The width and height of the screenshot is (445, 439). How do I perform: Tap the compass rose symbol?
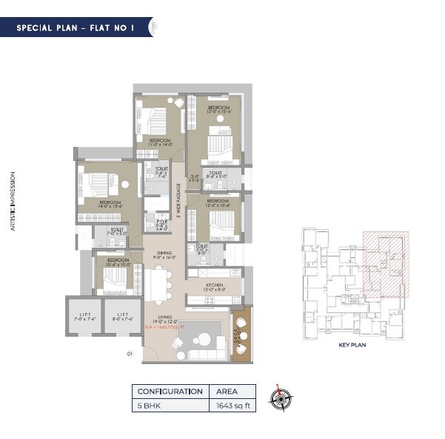point(279,398)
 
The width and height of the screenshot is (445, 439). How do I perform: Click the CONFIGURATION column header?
point(170,391)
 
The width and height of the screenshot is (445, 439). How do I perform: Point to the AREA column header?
point(227,391)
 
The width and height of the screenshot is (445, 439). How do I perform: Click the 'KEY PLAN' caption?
point(348,345)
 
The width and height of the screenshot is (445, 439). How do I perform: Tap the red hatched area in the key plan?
point(386,263)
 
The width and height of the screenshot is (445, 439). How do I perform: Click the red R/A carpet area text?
point(164,327)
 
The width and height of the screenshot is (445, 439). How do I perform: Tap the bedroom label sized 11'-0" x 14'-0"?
point(161,142)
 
